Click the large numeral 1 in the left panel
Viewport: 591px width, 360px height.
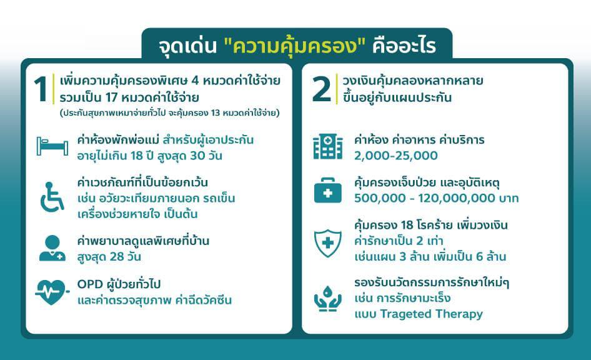(x=41, y=89)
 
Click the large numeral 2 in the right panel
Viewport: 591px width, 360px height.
(x=322, y=89)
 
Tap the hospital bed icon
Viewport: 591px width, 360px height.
(x=52, y=146)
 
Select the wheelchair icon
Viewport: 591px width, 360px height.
(x=52, y=197)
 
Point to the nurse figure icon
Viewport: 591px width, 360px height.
(x=52, y=248)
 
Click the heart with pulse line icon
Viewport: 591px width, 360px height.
(x=52, y=292)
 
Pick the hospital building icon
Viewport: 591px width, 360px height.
(x=328, y=147)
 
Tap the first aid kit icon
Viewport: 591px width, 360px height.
(x=328, y=191)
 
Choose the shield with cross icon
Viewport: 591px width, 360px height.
(x=328, y=243)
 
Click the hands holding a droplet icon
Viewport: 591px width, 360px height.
(x=328, y=299)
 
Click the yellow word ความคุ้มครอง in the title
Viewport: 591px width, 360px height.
(x=295, y=46)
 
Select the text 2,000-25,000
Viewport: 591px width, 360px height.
(x=395, y=156)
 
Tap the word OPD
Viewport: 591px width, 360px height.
(x=90, y=284)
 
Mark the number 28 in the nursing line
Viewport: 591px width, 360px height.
(x=116, y=257)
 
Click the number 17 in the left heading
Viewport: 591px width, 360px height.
(x=112, y=97)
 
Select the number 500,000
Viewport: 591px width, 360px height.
(x=380, y=198)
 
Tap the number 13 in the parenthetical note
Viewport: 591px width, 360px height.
(x=215, y=113)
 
